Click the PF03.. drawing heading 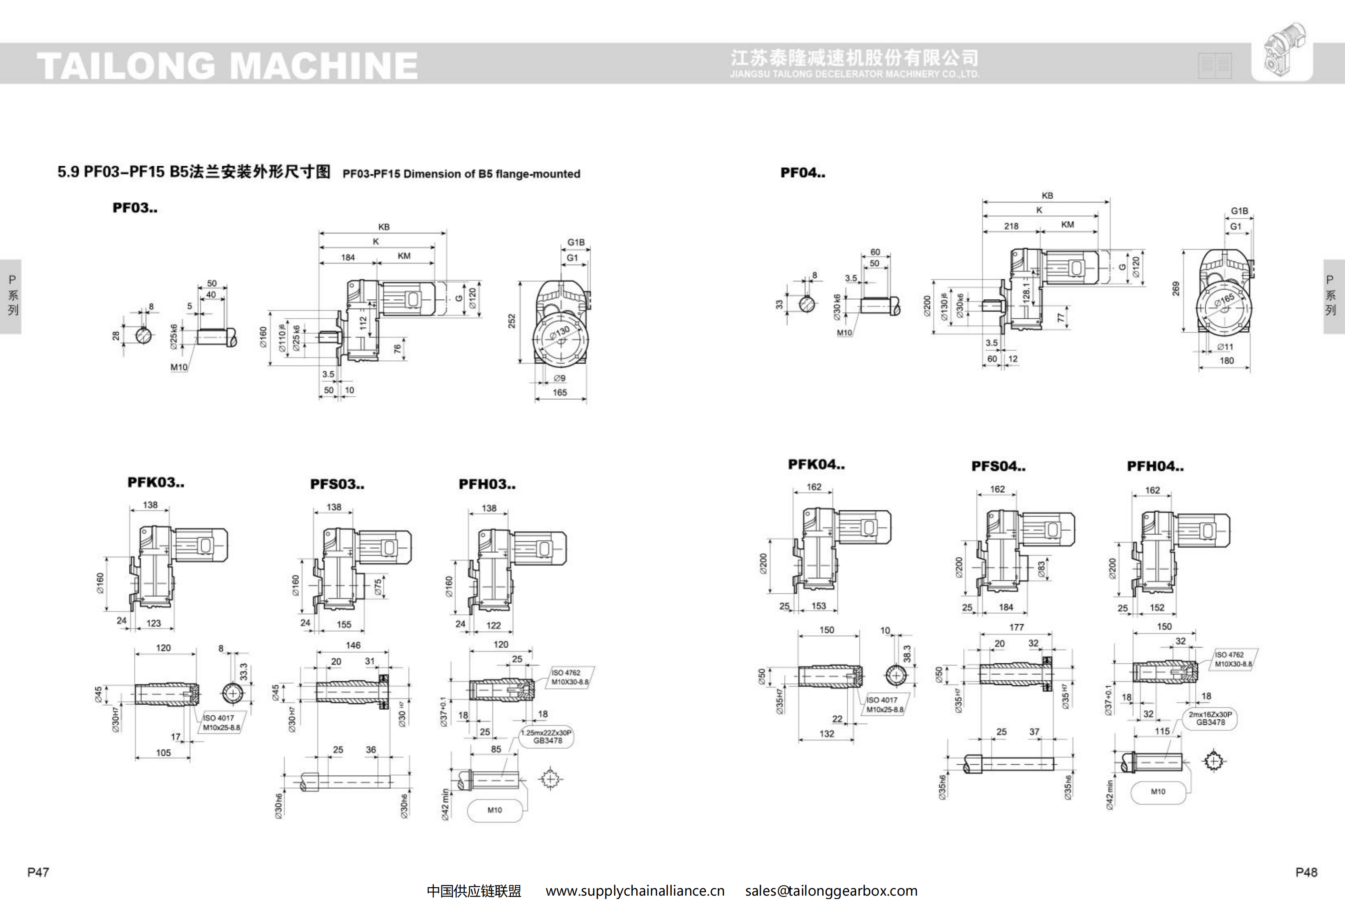point(135,208)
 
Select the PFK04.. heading point(816,464)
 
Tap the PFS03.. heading point(337,484)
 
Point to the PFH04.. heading point(1155,466)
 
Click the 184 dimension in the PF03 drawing point(348,257)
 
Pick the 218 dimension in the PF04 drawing point(1011,226)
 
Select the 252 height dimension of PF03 point(512,321)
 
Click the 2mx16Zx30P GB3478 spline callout point(1210,718)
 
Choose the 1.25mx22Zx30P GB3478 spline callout point(546,736)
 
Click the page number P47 point(38,872)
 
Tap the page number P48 point(1306,872)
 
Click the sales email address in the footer point(831,891)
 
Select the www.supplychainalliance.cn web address point(635,891)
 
